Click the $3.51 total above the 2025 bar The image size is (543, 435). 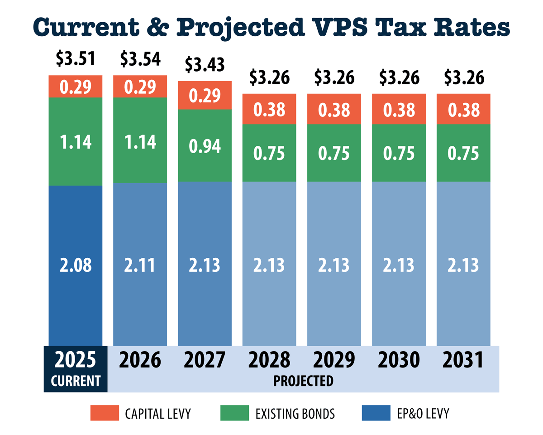coord(76,59)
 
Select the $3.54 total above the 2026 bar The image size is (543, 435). coord(140,59)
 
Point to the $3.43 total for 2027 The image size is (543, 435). coord(205,65)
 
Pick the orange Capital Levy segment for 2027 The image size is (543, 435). coord(205,96)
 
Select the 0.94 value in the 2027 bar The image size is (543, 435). coord(205,146)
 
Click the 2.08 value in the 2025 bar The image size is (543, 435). coord(76,265)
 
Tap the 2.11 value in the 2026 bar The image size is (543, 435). coord(140,265)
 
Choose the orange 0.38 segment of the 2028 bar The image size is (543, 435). coord(270,109)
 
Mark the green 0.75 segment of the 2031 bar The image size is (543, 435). coord(463,153)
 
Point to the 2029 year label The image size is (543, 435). coord(334,361)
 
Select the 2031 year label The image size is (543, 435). coord(463,361)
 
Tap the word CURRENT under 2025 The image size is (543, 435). coord(76,381)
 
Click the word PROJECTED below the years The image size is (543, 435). coord(303,381)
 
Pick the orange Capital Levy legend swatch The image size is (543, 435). coord(104,413)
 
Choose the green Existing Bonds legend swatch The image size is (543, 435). coord(234,413)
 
